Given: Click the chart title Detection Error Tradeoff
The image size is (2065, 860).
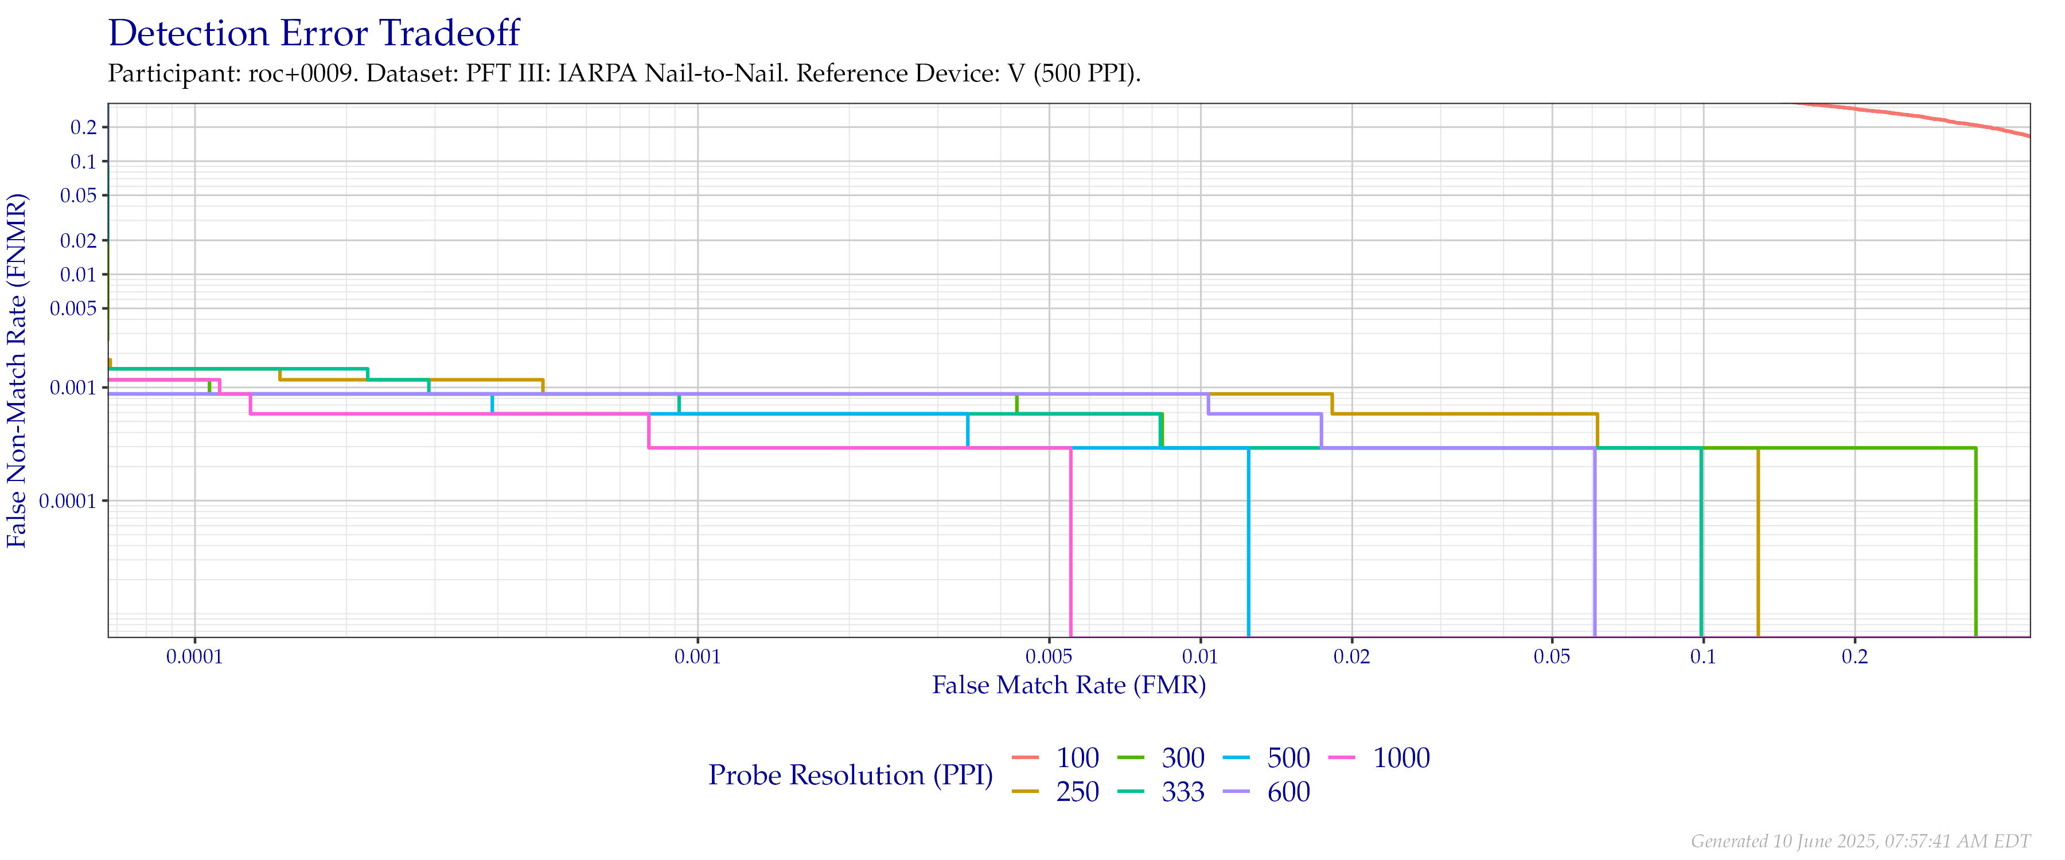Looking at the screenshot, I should tap(314, 34).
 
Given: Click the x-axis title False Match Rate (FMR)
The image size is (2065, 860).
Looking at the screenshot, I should tap(1069, 685).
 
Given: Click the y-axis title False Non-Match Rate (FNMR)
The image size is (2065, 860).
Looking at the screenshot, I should tap(18, 370).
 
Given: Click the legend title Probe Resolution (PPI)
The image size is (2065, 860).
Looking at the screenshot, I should tap(851, 775).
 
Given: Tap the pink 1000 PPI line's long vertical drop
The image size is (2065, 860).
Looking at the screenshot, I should tap(1071, 545).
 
